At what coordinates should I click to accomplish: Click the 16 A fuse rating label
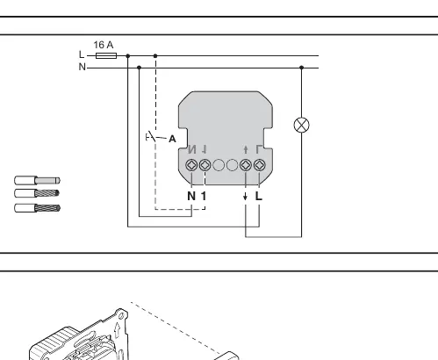coord(104,45)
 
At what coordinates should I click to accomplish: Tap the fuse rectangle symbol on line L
coord(106,55)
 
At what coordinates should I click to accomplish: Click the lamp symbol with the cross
coord(301,125)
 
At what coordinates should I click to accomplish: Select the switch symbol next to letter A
coord(153,137)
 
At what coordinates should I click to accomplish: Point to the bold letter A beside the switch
coord(172,139)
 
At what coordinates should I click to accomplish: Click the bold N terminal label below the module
coord(191,196)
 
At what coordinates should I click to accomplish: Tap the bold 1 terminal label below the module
coord(204,196)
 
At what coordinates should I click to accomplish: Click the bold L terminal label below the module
coord(259,196)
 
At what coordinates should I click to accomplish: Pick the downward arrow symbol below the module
coord(245,196)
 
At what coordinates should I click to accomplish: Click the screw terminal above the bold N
coord(191,165)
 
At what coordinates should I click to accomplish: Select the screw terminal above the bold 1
coord(205,165)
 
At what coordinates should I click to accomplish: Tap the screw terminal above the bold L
coord(260,165)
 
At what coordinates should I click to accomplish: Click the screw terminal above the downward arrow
coord(246,165)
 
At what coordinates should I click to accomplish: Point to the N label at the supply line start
coord(83,67)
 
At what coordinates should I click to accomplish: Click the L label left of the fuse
coord(82,54)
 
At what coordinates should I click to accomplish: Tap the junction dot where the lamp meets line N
coord(302,68)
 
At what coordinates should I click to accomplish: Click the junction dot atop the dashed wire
coord(155,55)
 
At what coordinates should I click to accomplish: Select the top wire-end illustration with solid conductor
coord(37,180)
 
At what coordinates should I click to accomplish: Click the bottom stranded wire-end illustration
coord(37,208)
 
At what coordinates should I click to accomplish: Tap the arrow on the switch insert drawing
coord(118,330)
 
